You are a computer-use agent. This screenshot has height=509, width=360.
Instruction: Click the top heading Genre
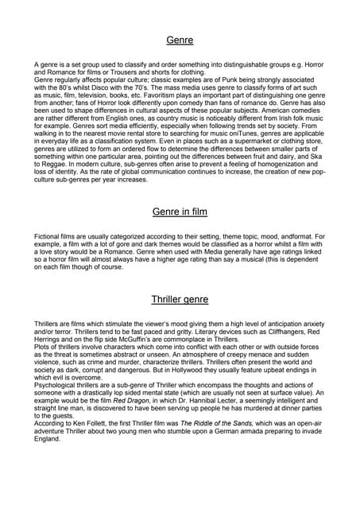(x=180, y=39)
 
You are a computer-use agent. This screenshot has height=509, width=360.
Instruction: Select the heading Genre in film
(x=180, y=212)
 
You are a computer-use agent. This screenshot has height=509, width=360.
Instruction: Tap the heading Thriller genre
(x=180, y=300)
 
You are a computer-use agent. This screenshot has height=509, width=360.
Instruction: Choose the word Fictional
(x=50, y=237)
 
